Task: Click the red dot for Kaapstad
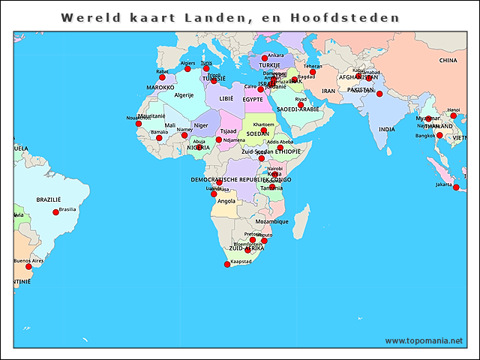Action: click(228, 264)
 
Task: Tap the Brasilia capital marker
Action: click(55, 212)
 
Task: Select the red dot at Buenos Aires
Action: click(29, 266)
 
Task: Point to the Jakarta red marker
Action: click(456, 187)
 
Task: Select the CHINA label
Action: click(448, 61)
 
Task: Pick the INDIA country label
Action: click(386, 129)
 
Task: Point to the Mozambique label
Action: click(271, 222)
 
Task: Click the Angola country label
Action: click(226, 201)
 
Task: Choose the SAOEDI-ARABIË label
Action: click(298, 109)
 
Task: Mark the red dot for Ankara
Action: click(264, 58)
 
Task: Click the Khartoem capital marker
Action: click(264, 130)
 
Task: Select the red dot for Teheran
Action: click(313, 72)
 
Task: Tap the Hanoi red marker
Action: click(453, 116)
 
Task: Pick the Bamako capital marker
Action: click(159, 138)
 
